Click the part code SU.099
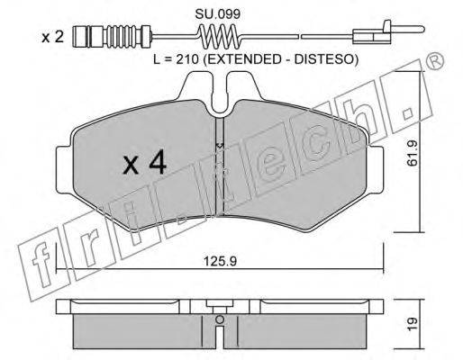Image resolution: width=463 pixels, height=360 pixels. click(218, 13)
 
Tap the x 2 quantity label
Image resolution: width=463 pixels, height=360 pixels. click(52, 37)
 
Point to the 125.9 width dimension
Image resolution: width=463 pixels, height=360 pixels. click(220, 261)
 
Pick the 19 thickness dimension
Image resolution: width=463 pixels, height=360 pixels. click(413, 324)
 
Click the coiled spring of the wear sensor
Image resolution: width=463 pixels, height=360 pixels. click(220, 36)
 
